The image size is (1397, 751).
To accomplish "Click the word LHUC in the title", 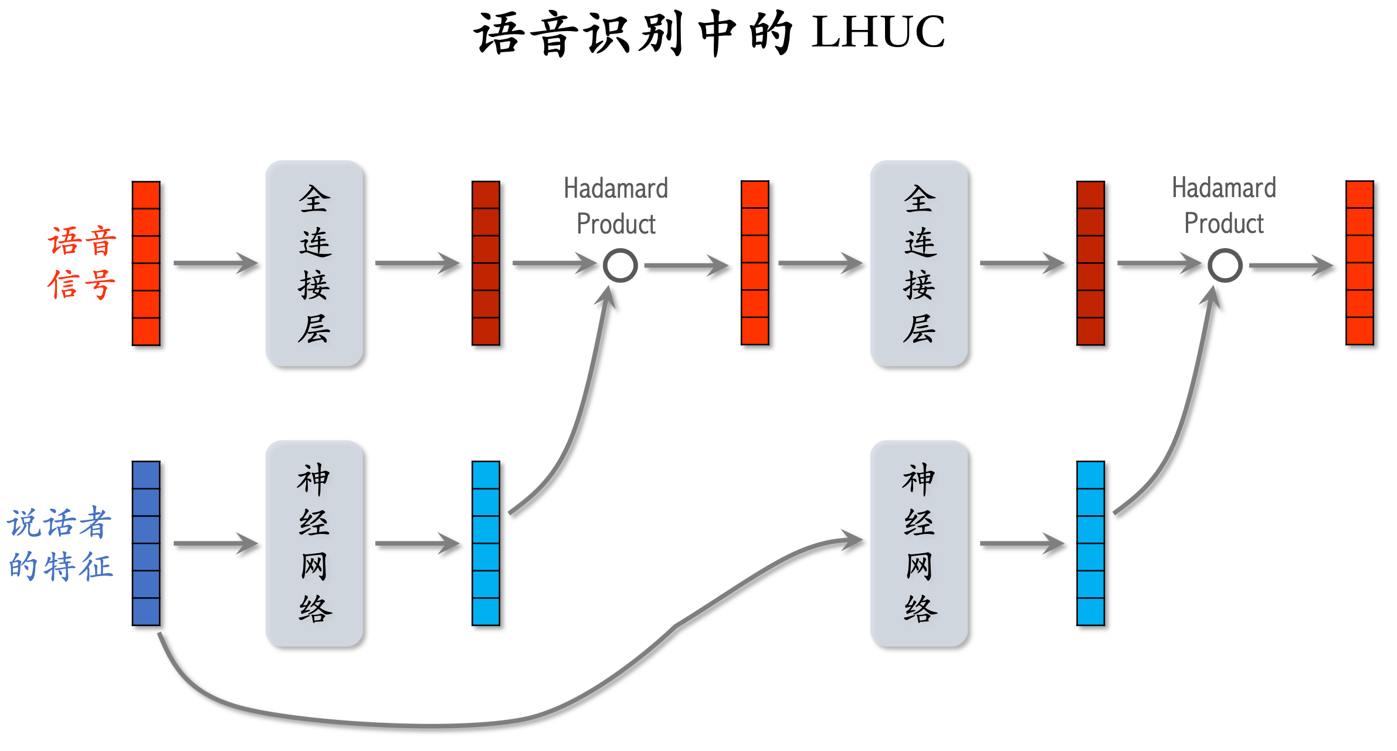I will click(x=878, y=32).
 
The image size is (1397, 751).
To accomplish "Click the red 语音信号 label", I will click(x=82, y=263).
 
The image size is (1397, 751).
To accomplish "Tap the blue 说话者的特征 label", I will click(x=60, y=544).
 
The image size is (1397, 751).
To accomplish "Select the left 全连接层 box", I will click(x=314, y=263).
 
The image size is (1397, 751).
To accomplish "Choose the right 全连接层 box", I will click(x=919, y=263).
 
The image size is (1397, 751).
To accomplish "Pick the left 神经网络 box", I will click(x=314, y=543).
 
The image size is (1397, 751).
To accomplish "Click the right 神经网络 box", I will click(x=919, y=543).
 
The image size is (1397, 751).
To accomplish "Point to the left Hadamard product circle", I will click(x=620, y=265).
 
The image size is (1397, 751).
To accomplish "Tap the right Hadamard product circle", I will click(x=1225, y=265).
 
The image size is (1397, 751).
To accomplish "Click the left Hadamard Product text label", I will click(x=616, y=206).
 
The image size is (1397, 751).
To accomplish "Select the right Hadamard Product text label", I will click(x=1224, y=206).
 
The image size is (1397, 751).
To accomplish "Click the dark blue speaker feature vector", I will click(x=146, y=543).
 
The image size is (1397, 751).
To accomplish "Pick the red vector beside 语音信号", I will click(x=146, y=263).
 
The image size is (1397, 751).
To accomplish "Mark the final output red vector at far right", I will click(x=1359, y=263).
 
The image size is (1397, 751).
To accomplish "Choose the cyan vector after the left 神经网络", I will click(x=486, y=543).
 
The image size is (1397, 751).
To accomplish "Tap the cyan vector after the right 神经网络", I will click(x=1090, y=543).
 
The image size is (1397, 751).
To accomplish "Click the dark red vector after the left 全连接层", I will click(x=486, y=263).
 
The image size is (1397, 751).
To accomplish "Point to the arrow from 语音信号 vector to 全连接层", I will click(x=215, y=263).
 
